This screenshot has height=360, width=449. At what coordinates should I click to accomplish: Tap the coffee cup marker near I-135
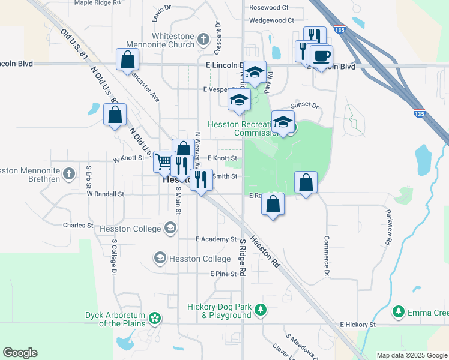point(321,56)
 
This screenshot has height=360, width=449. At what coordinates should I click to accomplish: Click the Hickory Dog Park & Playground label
point(218,310)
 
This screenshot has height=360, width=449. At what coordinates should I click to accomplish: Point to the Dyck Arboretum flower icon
point(155,317)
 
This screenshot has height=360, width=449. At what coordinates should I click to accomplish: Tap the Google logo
point(20,353)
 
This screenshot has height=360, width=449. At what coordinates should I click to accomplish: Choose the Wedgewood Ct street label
point(271,20)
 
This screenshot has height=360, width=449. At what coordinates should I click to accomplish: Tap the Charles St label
point(78,226)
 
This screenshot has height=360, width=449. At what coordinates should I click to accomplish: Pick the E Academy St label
point(216,239)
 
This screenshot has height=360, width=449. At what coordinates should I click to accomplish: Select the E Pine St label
point(223,274)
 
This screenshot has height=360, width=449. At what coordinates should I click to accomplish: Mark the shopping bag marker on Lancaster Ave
point(128,59)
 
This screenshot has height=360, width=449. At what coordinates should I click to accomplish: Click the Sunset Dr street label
point(304,105)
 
